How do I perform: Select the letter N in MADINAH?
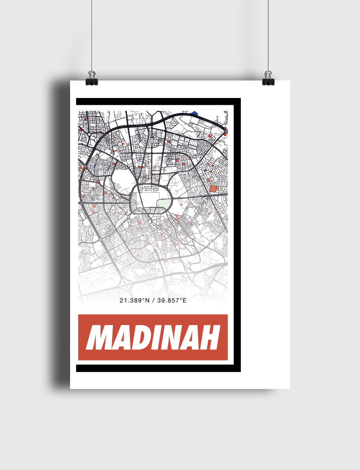tap(178, 337)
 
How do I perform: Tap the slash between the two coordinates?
tap(153, 300)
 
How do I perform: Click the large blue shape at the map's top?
tap(196, 113)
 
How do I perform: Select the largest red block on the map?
tap(214, 188)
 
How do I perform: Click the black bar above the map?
tap(158, 102)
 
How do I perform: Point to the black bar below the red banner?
tap(158, 368)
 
